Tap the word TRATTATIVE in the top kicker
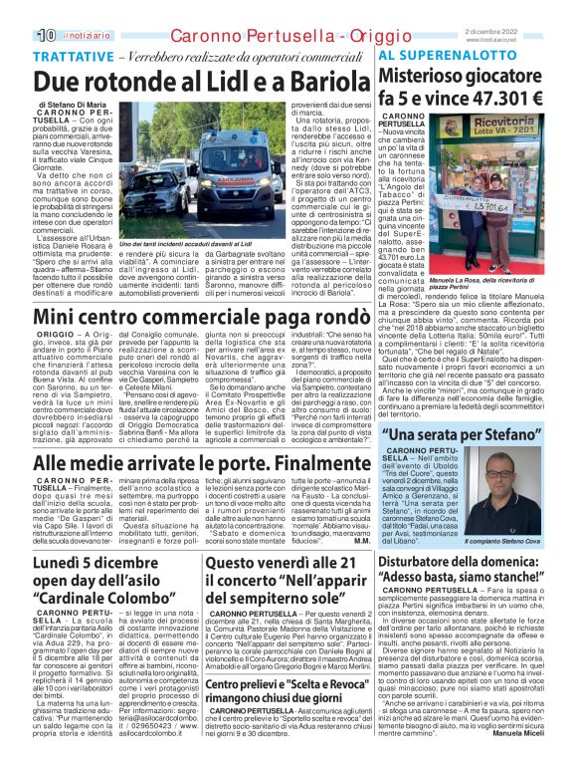73,58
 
